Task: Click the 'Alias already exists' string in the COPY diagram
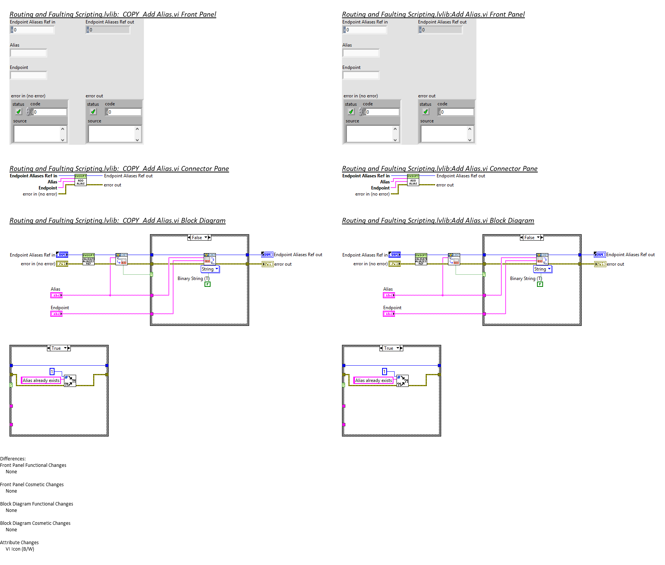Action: click(41, 380)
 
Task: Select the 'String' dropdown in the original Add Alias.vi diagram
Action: click(542, 269)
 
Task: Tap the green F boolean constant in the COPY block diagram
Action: click(208, 284)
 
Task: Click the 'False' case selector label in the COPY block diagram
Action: click(197, 238)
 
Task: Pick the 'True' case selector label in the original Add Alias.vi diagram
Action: click(389, 348)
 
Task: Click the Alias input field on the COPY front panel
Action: click(28, 53)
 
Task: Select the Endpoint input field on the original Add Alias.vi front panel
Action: click(361, 75)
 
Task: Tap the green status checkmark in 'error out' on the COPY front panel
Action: click(93, 112)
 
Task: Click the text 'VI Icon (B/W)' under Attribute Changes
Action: click(20, 549)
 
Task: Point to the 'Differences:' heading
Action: click(13, 459)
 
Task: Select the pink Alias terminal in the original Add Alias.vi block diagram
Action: click(389, 295)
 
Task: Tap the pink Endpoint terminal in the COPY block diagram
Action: click(56, 314)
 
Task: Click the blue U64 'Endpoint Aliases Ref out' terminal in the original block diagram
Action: click(599, 255)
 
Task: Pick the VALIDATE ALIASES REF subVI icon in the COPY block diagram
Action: click(89, 259)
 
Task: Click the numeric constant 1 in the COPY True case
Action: click(52, 372)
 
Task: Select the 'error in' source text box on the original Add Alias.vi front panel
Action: click(370, 134)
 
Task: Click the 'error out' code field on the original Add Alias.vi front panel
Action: click(457, 112)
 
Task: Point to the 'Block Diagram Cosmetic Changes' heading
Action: click(35, 523)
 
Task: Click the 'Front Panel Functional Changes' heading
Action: click(33, 465)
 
